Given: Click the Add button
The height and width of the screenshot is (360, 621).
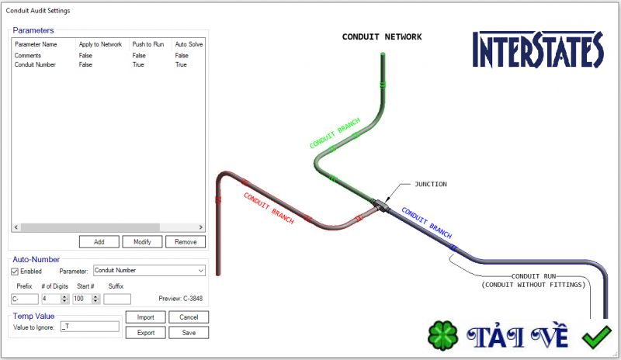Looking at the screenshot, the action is (x=99, y=241).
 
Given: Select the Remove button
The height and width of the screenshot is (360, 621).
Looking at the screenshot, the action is (x=186, y=241).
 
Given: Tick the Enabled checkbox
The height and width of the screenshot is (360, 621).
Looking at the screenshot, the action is (x=15, y=272).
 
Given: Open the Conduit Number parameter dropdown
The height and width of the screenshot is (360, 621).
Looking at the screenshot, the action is (x=149, y=271).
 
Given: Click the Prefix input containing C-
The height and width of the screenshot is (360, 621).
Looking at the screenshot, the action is (x=25, y=299).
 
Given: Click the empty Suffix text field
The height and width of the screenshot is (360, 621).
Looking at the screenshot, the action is (x=117, y=299).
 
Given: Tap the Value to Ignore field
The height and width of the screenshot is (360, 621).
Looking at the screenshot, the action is (x=89, y=327).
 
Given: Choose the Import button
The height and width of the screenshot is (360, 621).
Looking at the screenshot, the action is (x=146, y=317).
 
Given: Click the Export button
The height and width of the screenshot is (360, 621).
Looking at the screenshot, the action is (x=146, y=333).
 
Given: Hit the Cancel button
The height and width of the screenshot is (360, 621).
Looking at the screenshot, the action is (x=189, y=317).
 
